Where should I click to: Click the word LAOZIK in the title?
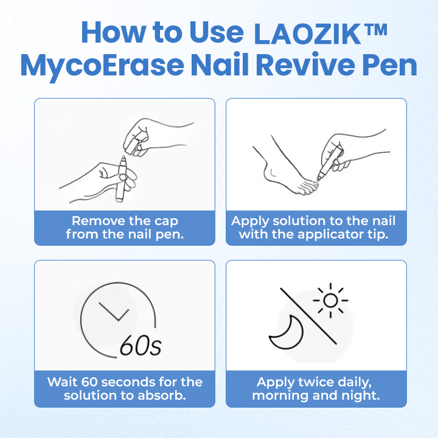click(x=307, y=34)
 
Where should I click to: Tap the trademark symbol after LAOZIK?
click(x=376, y=30)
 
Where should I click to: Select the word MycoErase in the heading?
click(x=102, y=66)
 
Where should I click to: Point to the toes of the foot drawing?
click(x=307, y=188)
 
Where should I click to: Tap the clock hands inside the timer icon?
click(x=114, y=311)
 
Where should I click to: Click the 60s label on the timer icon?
click(x=141, y=345)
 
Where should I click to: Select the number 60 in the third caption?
click(x=89, y=382)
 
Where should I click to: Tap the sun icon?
click(x=330, y=301)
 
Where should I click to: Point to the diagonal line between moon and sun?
click(x=308, y=316)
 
